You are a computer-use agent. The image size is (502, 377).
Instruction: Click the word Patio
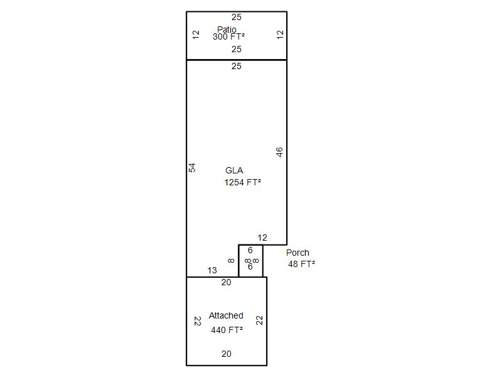227,29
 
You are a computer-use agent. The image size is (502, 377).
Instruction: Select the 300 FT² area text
228,36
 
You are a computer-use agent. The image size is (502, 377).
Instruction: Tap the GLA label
234,170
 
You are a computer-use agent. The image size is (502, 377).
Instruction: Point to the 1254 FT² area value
242,182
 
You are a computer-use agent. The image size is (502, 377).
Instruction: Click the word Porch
297,253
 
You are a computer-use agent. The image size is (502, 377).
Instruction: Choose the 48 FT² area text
301,264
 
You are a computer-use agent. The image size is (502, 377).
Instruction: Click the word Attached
226,315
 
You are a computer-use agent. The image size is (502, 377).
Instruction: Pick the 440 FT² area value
227,330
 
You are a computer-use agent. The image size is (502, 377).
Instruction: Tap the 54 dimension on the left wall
192,168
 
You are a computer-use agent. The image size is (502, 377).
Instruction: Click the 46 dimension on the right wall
279,152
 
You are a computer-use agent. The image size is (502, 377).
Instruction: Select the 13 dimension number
212,270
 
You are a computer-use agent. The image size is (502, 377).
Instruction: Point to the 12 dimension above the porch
262,238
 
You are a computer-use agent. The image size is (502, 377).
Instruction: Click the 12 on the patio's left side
196,35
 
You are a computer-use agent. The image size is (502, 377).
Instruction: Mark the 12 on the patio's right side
280,35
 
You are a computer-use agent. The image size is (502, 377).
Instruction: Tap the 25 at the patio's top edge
237,17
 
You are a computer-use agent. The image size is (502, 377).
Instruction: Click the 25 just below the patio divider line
237,66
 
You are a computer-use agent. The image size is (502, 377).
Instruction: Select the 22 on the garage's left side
198,321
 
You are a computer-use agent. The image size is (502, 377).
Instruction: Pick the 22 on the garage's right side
259,320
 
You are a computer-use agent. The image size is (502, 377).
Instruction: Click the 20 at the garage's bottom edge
227,354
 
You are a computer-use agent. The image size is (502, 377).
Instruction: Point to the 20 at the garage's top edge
226,282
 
